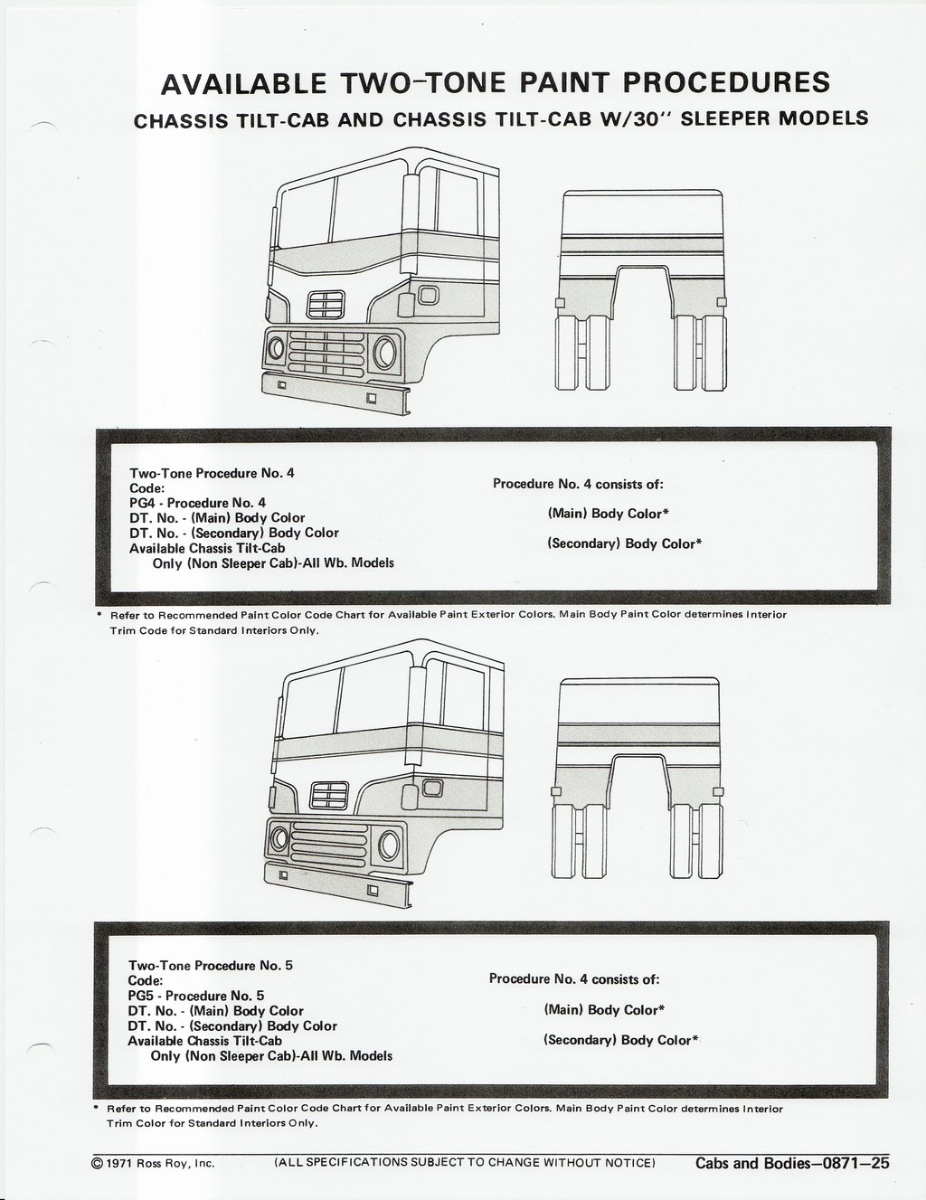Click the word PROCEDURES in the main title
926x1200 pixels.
tap(727, 82)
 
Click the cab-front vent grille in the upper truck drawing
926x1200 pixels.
tap(326, 304)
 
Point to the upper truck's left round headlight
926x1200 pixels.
tap(276, 348)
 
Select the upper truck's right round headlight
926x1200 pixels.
tap(384, 353)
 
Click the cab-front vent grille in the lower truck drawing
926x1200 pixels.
tap(330, 796)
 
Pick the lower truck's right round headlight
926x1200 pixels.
tap(389, 844)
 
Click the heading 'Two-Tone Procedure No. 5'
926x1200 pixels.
tap(211, 965)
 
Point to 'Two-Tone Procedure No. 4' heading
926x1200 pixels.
tap(212, 473)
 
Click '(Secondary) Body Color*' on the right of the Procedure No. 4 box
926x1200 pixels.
tap(625, 544)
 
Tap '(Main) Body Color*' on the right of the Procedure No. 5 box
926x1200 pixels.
tap(604, 1010)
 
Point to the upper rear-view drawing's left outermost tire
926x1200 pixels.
tap(566, 352)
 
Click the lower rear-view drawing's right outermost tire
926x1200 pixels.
tap(711, 841)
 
